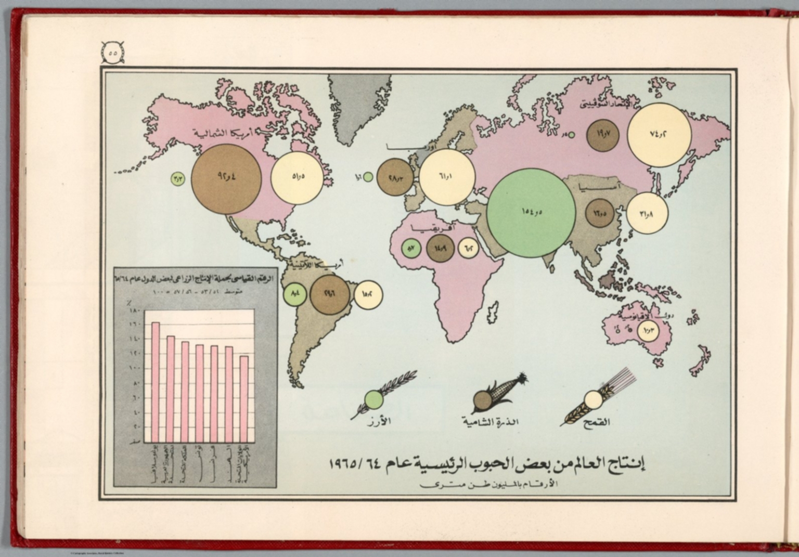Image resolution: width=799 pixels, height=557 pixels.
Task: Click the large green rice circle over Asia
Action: [x=531, y=213]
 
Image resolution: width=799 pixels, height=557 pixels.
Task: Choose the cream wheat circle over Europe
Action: [x=447, y=177]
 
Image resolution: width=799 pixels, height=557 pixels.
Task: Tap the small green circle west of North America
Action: [x=176, y=179]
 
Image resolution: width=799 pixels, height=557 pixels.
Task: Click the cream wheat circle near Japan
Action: [x=647, y=213]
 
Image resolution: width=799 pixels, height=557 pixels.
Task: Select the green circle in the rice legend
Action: [x=373, y=399]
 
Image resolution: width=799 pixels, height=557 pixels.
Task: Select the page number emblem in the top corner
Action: [x=113, y=53]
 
